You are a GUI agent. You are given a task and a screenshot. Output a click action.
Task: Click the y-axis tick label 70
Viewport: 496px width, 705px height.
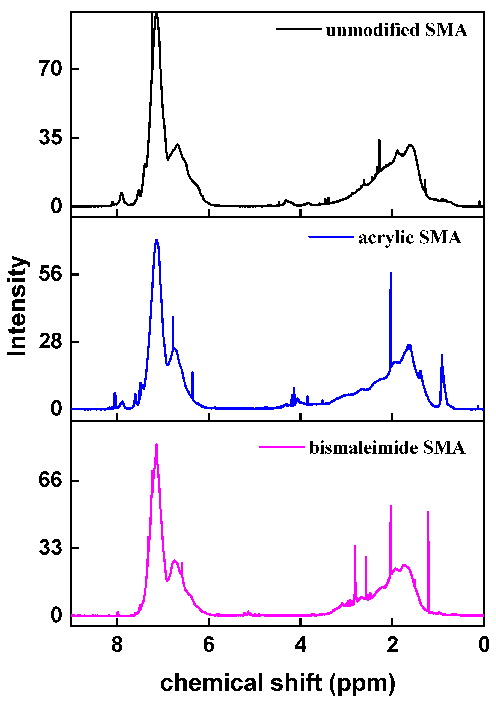pos(51,69)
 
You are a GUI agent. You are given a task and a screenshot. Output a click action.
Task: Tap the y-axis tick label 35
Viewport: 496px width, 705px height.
pos(51,138)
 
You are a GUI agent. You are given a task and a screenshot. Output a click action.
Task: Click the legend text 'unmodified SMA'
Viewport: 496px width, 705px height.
pos(397,30)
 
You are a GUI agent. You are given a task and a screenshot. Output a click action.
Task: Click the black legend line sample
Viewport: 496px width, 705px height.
pos(299,29)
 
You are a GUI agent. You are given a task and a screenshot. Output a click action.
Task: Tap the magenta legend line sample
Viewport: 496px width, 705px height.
pos(282,447)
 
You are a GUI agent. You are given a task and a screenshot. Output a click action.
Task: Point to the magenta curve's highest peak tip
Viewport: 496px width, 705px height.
pos(156,444)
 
